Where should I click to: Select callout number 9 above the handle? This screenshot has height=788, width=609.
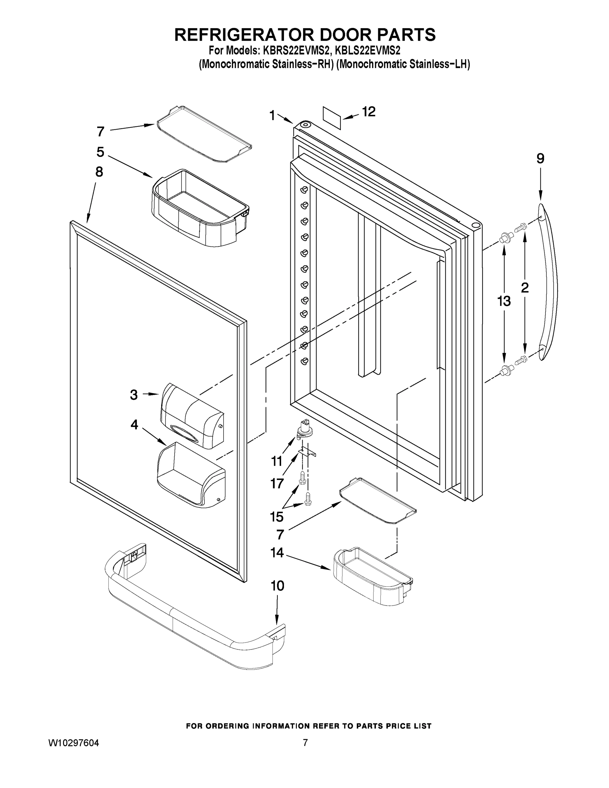540,159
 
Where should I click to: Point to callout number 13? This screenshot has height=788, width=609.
504,300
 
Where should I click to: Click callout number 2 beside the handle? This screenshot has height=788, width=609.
525,288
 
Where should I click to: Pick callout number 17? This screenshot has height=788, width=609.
277,483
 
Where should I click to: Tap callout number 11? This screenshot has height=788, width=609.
277,461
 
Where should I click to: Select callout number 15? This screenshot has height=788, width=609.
277,517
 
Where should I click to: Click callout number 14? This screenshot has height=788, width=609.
277,552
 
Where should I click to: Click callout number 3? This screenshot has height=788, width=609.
134,395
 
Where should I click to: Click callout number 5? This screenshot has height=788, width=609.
100,152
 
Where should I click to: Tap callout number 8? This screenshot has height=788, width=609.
99,172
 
